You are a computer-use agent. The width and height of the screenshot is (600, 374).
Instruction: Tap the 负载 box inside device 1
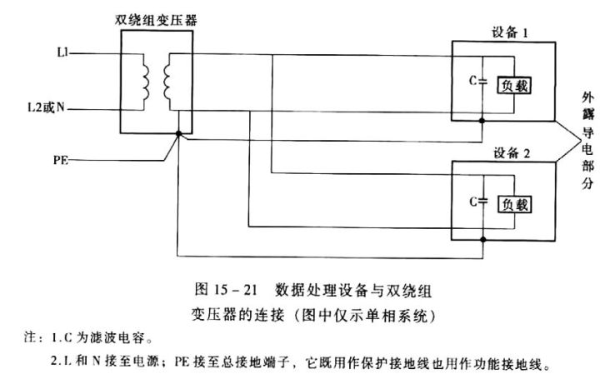pyautogui.click(x=514, y=85)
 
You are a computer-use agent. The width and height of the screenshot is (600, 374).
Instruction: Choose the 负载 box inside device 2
pyautogui.click(x=514, y=203)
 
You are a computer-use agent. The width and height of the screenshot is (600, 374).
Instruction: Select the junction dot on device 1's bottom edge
pyautogui.click(x=484, y=121)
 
